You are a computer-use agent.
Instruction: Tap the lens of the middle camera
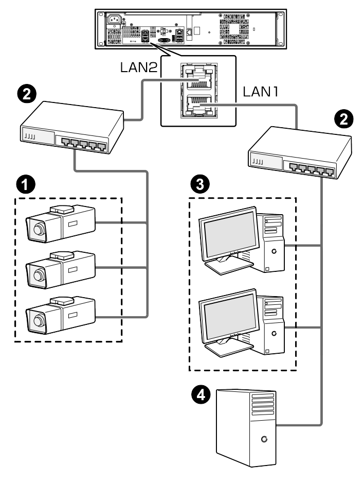pyautogui.click(x=37, y=274)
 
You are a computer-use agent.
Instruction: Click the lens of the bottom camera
pyautogui.click(x=37, y=321)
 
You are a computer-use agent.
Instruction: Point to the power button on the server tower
pyautogui.click(x=264, y=439)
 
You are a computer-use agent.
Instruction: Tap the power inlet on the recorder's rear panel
pyautogui.click(x=114, y=21)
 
